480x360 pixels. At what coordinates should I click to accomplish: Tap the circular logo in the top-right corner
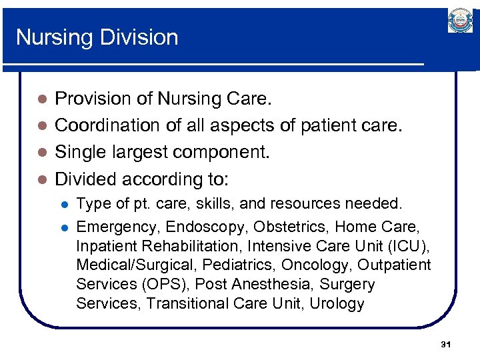click(460, 22)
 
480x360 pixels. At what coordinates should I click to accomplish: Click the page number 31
click(446, 345)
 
